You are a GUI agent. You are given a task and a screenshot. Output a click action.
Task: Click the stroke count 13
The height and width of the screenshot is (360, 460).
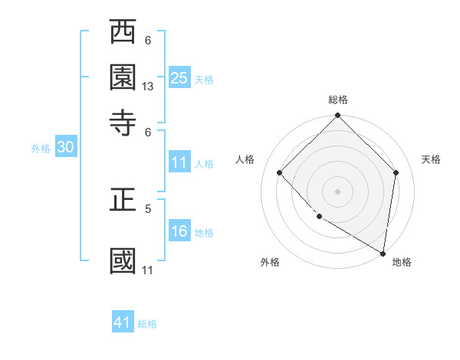[x=148, y=87]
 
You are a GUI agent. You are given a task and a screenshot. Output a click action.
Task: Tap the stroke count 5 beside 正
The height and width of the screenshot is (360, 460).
[x=148, y=208]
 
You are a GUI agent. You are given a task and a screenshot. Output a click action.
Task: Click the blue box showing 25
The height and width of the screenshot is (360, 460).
[x=179, y=77]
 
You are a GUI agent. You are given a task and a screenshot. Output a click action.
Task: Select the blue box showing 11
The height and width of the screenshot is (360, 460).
[x=179, y=162]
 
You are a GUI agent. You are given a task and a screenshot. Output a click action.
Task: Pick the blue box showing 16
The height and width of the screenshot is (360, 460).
[x=179, y=231]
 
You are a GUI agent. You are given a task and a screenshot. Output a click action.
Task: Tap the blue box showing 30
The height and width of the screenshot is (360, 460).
[x=65, y=148]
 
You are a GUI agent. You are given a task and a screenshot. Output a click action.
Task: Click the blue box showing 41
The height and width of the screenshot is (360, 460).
[x=123, y=322]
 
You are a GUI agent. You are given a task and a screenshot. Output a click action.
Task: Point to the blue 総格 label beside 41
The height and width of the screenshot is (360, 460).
[x=147, y=324]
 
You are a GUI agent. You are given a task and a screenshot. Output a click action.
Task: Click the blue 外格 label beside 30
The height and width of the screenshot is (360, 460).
[x=40, y=149]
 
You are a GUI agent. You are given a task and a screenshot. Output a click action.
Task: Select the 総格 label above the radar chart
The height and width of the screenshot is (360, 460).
[x=338, y=100]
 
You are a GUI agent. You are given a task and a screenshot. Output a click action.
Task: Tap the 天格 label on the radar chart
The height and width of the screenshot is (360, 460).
[x=431, y=159]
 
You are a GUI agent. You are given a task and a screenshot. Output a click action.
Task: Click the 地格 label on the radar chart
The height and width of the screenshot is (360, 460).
[x=402, y=263]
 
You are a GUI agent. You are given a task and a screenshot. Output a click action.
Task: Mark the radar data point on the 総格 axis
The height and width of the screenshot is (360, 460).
[x=338, y=116]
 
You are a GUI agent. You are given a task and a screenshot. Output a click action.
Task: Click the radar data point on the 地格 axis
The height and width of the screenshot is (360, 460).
[x=383, y=253]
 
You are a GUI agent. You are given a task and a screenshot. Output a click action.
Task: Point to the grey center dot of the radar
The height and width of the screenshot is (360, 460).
[x=338, y=191]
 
